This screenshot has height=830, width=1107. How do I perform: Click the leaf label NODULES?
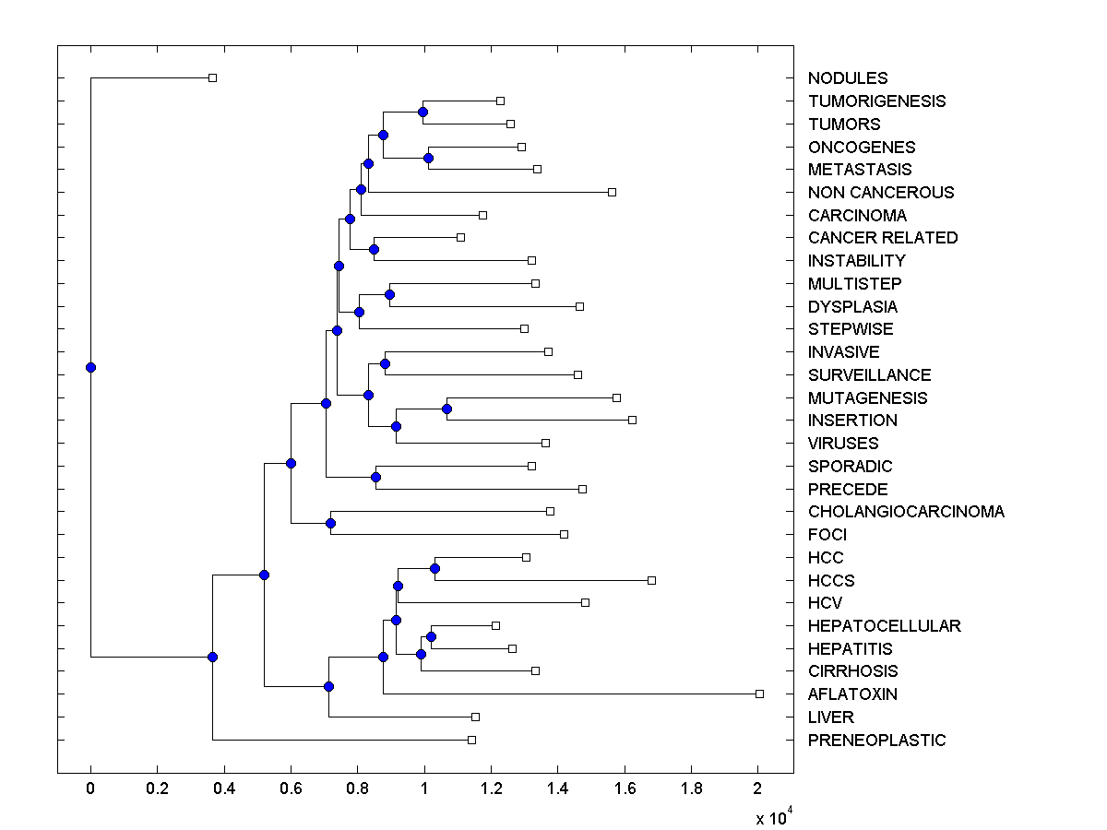click(x=848, y=78)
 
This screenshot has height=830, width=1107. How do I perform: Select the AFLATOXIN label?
click(x=852, y=694)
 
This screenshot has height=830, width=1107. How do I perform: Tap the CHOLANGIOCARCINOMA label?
click(x=906, y=512)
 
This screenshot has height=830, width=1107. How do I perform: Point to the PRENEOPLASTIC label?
click(x=876, y=741)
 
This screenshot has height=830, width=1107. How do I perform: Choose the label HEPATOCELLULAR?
click(x=884, y=626)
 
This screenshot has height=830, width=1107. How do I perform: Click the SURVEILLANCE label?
click(x=869, y=375)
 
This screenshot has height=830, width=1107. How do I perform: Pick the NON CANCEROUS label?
click(x=881, y=193)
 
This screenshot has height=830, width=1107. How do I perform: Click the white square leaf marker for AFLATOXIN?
click(x=759, y=694)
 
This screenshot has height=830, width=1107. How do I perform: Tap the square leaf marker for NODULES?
click(x=212, y=77)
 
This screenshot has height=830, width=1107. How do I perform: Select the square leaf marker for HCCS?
click(x=651, y=580)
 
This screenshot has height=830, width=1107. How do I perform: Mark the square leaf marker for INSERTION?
click(x=632, y=420)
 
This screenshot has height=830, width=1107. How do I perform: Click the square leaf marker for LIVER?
click(x=475, y=717)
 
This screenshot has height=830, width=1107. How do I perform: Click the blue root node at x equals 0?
click(x=90, y=367)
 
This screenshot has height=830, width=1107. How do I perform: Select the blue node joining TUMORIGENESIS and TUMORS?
click(x=423, y=112)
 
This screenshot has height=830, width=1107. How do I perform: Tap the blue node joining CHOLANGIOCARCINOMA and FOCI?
click(x=330, y=523)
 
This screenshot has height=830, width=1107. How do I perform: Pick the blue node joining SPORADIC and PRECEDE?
click(x=375, y=477)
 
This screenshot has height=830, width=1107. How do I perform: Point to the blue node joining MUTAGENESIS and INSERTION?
click(x=446, y=409)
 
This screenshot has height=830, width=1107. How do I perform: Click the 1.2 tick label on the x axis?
click(x=491, y=789)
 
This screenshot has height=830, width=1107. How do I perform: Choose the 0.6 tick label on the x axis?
click(x=291, y=789)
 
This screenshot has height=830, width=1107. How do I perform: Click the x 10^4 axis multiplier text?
click(x=768, y=818)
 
